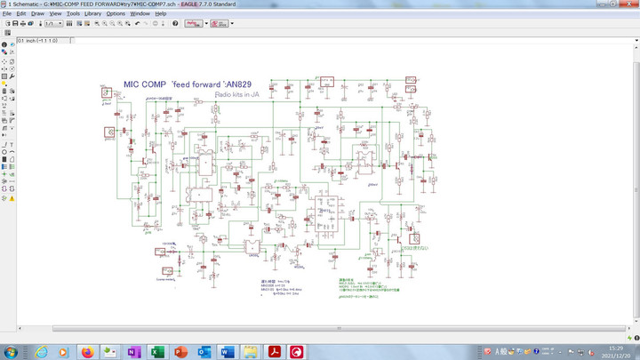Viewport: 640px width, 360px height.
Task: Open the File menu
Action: [x=7, y=14]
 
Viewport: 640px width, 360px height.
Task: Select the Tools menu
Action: [x=73, y=14]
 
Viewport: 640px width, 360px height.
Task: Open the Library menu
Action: [x=92, y=14]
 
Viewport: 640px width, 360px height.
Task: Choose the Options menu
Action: [x=116, y=14]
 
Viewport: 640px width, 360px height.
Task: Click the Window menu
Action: [x=140, y=14]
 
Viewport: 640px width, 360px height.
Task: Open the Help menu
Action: [x=161, y=14]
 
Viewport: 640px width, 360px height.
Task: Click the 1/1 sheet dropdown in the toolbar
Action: [x=52, y=23]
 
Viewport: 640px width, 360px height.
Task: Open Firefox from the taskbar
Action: [x=87, y=351]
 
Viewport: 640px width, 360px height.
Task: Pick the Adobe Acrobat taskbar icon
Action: [x=273, y=351]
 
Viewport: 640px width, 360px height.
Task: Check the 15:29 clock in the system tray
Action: [x=614, y=348]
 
